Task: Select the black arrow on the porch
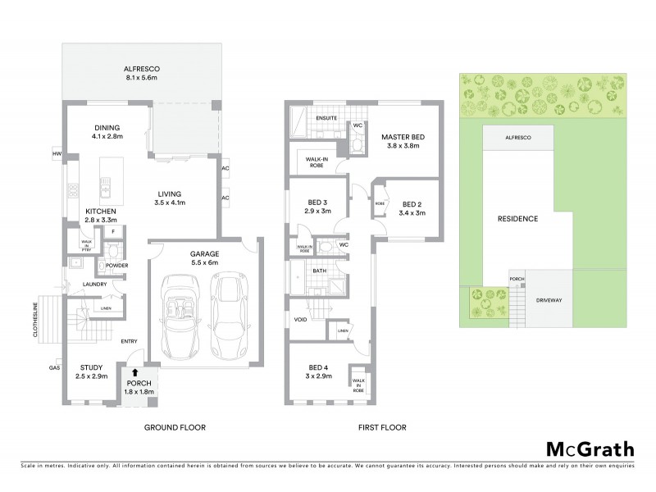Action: click(x=134, y=372)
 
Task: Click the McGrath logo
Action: click(x=590, y=449)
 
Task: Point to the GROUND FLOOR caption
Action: click(x=175, y=427)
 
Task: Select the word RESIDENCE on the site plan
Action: click(x=518, y=219)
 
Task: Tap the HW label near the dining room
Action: click(x=57, y=153)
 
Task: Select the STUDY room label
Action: click(x=91, y=367)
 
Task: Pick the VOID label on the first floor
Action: click(x=300, y=319)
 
